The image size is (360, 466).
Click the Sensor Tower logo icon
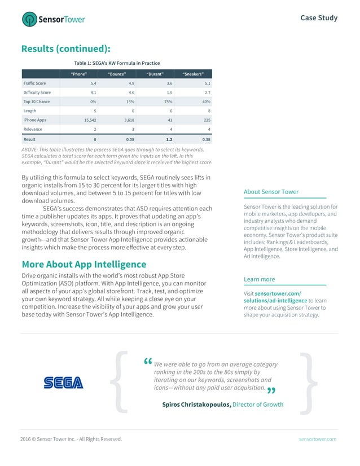tap(29, 20)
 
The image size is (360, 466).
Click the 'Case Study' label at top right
tap(319, 18)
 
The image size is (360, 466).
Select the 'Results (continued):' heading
tap(65, 49)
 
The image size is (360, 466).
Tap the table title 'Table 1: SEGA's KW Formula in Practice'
tap(117, 63)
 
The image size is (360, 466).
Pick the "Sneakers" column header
tap(193, 74)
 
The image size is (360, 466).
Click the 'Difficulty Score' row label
tap(37, 92)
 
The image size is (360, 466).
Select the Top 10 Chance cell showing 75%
tap(169, 102)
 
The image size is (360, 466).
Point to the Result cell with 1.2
tap(169, 139)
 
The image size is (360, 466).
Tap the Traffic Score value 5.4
tap(93, 83)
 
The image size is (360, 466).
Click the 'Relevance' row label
tap(33, 129)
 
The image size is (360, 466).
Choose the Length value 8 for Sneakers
tap(208, 111)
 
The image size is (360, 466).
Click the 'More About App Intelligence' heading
tap(84, 264)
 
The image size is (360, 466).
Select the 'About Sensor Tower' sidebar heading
tap(271, 192)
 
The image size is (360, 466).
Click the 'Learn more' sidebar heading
tap(259, 279)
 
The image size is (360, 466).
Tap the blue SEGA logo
tap(63, 383)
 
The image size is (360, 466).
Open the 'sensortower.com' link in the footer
tap(318, 439)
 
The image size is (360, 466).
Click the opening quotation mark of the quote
tap(148, 362)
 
